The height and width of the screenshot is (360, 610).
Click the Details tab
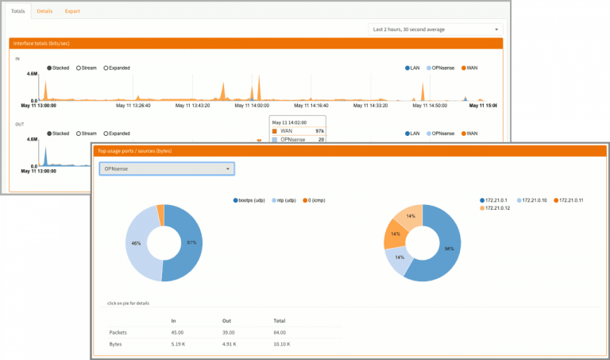click(x=45, y=11)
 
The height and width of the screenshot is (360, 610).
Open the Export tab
click(x=72, y=11)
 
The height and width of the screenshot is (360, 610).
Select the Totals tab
click(x=18, y=11)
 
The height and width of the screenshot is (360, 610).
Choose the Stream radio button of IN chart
click(x=86, y=68)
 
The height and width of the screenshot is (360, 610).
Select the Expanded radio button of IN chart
click(x=116, y=68)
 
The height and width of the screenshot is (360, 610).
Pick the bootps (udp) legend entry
click(x=251, y=200)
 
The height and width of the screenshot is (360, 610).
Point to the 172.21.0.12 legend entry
click(x=497, y=208)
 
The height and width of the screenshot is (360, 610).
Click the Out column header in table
click(x=226, y=320)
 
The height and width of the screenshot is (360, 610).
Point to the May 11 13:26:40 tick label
click(x=133, y=105)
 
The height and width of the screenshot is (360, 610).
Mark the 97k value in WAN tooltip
click(x=319, y=130)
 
